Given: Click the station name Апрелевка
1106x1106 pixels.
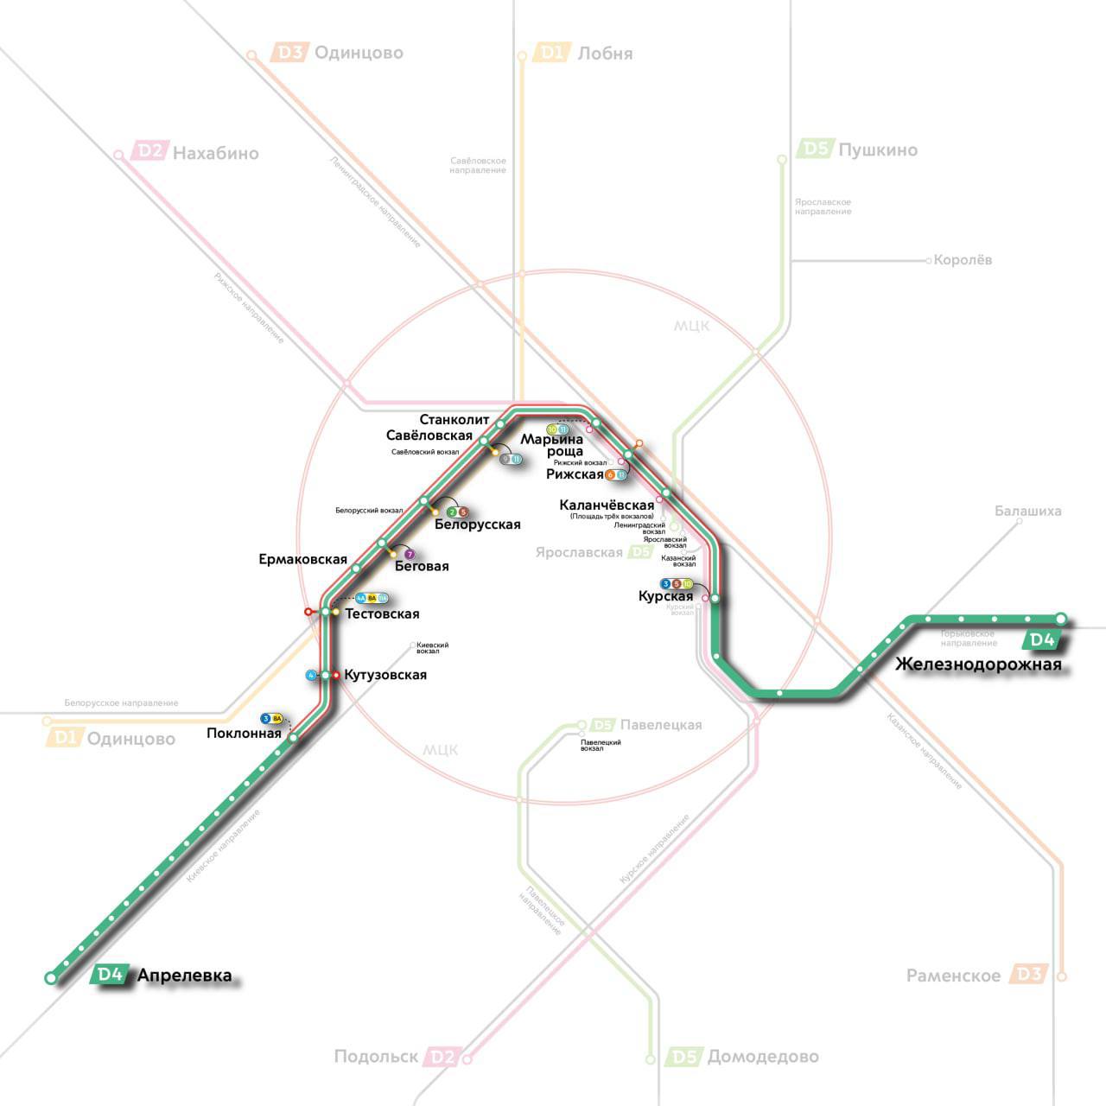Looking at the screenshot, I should pos(184,976).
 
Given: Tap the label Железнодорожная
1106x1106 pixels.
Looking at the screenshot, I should pos(978,664).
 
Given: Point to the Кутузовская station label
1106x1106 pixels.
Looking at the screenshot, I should pos(385,675).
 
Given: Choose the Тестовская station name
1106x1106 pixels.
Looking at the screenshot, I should pos(382,614).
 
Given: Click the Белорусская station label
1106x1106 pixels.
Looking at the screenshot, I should pos(477,524).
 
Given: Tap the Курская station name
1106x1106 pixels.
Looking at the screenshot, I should pos(665,596).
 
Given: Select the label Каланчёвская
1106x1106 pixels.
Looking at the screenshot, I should pos(607,505).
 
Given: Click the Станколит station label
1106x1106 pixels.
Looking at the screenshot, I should pos(454,421).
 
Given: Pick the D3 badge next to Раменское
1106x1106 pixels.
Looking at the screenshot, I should pos(1029,975).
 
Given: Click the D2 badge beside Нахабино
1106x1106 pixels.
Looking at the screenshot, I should pos(148,152).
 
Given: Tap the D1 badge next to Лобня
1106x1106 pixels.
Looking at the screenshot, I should pos(551,53).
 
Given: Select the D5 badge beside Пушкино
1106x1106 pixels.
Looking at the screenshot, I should pos(817,149).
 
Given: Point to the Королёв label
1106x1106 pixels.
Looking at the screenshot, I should pos(963,260).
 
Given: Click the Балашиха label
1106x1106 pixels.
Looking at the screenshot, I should pos(1027,511).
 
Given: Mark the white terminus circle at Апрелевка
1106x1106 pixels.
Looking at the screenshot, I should pos(51,978).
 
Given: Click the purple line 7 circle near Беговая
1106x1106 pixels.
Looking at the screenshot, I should pos(410,554).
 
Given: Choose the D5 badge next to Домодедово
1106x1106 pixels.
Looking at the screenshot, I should pos(684,1057).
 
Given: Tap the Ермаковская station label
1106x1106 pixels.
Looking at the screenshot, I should pos(302,560).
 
